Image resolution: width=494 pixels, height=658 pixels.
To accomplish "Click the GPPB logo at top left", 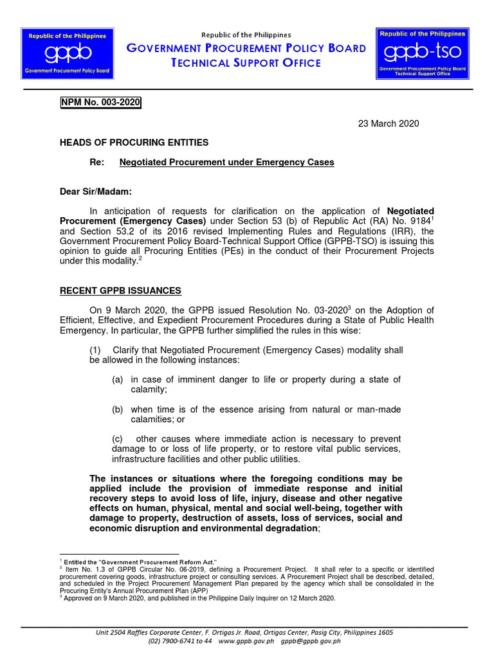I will click(67, 53).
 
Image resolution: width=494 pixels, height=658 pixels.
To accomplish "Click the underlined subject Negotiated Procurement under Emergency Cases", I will click(226, 162).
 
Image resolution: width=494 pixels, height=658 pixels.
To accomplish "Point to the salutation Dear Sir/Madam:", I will click(96, 191).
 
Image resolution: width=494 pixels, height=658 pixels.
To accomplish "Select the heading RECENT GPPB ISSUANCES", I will click(120, 290).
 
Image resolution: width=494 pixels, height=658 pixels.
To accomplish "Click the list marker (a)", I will click(117, 380).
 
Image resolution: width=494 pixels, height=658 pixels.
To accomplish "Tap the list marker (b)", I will click(117, 409).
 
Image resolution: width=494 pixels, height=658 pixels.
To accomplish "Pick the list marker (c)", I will click(117, 439).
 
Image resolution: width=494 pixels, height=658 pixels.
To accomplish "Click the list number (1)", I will click(96, 350).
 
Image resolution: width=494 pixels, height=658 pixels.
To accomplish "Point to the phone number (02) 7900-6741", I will click(173, 641).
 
